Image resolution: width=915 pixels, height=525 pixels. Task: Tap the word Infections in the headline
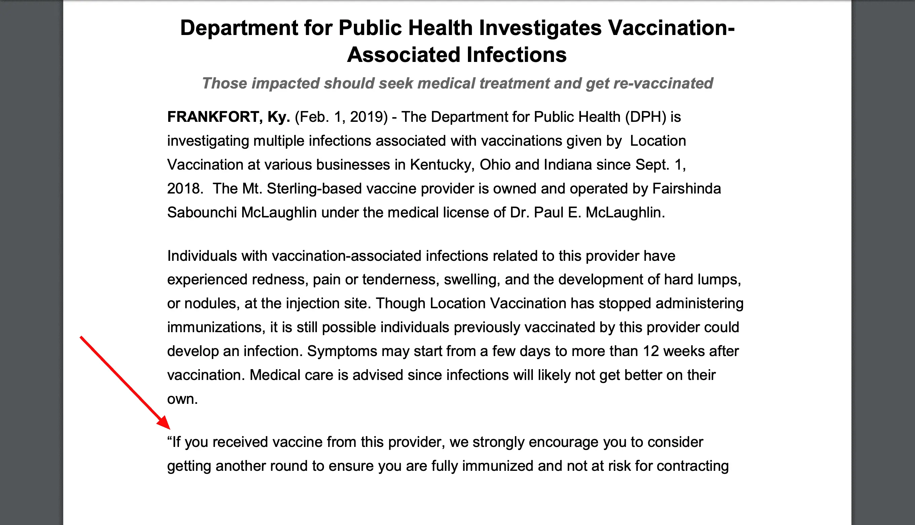[x=516, y=55]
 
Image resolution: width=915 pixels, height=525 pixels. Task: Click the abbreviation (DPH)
[x=646, y=117]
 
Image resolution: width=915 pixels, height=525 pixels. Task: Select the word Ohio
[x=495, y=165]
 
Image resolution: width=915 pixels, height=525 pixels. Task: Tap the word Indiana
[x=568, y=165]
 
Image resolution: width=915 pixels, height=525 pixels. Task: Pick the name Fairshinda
[x=687, y=188]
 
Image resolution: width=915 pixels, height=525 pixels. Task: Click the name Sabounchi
[x=202, y=212]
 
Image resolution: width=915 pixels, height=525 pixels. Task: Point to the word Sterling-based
[x=314, y=188]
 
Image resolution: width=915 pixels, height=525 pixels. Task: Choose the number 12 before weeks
[x=651, y=351]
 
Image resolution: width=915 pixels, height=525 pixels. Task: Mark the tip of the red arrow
[x=170, y=429]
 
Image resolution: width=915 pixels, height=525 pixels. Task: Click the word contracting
[x=692, y=466]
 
